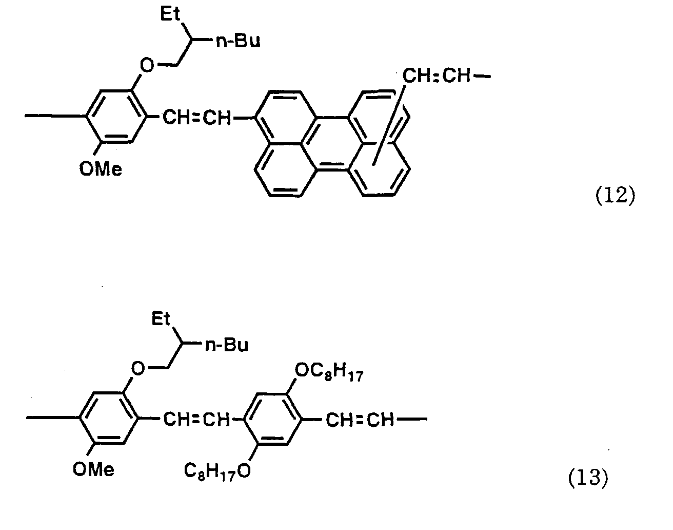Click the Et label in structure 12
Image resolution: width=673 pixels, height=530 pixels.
171,14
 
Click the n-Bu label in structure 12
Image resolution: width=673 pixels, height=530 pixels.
237,41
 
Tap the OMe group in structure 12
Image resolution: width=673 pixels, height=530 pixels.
101,168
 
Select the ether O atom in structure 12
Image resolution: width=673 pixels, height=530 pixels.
147,66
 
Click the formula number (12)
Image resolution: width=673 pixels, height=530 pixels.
615,197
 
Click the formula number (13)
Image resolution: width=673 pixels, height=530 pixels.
587,479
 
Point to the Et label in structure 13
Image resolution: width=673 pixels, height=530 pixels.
161,319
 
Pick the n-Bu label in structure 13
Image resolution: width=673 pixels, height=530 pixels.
226,346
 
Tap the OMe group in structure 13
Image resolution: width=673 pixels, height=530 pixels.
94,469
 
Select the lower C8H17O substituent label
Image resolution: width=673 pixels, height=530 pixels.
217,470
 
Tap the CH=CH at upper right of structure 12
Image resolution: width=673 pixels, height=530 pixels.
436,78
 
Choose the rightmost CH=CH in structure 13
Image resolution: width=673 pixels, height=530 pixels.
360,420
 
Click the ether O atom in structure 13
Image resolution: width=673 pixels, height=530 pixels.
137,368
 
